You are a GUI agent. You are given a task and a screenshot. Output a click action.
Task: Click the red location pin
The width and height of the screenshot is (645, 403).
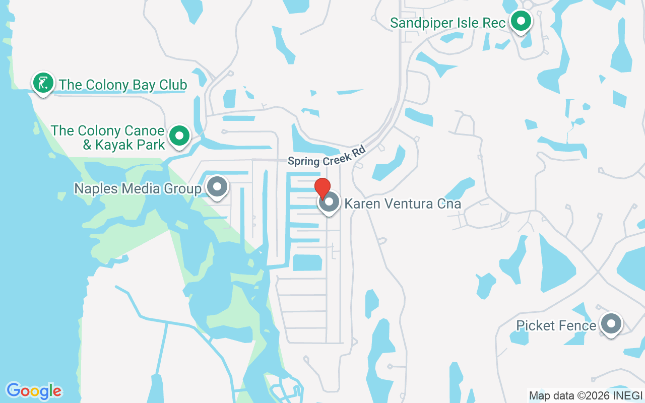coord(322,187)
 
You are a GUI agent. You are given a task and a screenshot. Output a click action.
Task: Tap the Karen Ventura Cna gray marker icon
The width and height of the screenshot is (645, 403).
coord(330,203)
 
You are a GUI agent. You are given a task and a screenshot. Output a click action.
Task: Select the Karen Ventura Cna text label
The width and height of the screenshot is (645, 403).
coord(403,204)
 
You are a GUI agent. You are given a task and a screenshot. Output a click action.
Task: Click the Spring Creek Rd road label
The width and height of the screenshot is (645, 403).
coord(326,155)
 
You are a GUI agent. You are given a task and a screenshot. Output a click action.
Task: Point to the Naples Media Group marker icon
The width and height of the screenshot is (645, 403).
coord(218,187)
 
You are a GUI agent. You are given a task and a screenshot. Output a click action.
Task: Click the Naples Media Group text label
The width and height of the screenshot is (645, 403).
coord(138,189)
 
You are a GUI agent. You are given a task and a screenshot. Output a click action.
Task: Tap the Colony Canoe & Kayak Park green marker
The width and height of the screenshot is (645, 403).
coord(179,136)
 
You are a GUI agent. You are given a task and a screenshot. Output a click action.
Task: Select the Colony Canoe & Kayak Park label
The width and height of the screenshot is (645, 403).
coord(108,138)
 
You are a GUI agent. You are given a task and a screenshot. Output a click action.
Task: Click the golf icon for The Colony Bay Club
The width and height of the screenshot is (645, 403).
coord(43,83)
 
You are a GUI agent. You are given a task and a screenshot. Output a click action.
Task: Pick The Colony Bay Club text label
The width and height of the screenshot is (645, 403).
coord(123,85)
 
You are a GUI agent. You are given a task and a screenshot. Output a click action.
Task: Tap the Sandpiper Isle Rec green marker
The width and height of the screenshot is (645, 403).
coord(522,21)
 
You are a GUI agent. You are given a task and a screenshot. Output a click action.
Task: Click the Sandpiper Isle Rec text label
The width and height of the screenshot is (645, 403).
coord(448,23)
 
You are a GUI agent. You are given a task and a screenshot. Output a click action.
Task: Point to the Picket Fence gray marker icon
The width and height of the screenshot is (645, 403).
coord(611,324)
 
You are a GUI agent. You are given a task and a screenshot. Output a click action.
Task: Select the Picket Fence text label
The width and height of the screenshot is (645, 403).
coord(556,326)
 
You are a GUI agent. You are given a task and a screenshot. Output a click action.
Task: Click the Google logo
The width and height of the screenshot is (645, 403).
coord(34,391)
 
